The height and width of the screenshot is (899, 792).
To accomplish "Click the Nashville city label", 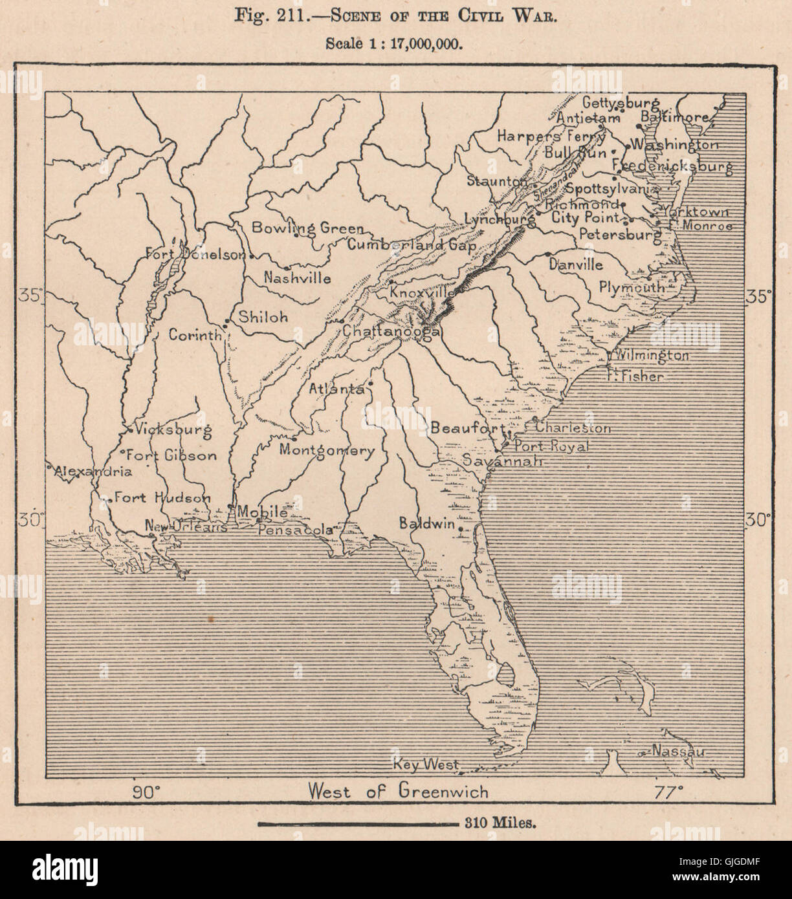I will click(x=298, y=278).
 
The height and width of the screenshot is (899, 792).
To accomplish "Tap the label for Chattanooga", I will click(x=391, y=331).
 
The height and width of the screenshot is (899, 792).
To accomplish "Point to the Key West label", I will click(x=426, y=764).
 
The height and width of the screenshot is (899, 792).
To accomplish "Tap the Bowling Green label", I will click(x=307, y=228).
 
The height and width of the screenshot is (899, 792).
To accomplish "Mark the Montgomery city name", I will click(x=327, y=451).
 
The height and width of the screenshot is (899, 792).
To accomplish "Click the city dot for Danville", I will click(x=548, y=254).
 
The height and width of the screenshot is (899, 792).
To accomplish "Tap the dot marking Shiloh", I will click(x=226, y=321).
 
